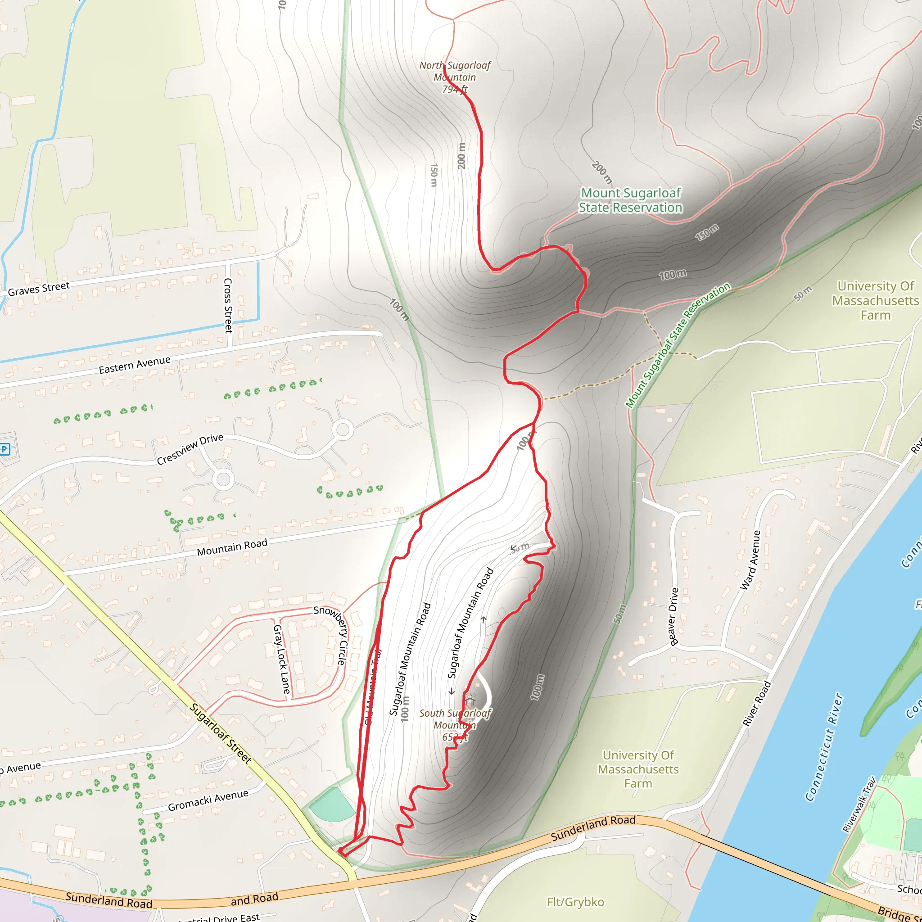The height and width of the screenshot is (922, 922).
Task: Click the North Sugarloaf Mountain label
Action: pos(454,77)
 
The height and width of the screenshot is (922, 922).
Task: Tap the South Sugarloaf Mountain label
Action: pos(454,725)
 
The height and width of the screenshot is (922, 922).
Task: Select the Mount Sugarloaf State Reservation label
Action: pos(630,200)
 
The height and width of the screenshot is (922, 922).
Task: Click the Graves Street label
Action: pos(39,289)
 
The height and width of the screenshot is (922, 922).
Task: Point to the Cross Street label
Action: pos(228,305)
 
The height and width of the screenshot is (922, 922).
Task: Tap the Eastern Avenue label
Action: pos(135,365)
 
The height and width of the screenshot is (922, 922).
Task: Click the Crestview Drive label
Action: pos(190,449)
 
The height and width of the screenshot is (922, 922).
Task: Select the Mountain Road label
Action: pos(232,547)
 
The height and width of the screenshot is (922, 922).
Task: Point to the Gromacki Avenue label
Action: pos(208,800)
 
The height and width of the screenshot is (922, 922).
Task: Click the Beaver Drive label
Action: pos(673,617)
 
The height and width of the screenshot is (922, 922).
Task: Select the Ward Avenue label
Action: pos(750,560)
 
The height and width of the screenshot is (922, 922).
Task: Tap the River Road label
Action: pos(757,705)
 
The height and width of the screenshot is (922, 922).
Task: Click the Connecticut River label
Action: pos(825,747)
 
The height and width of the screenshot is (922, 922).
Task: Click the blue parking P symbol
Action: pos(5,449)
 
